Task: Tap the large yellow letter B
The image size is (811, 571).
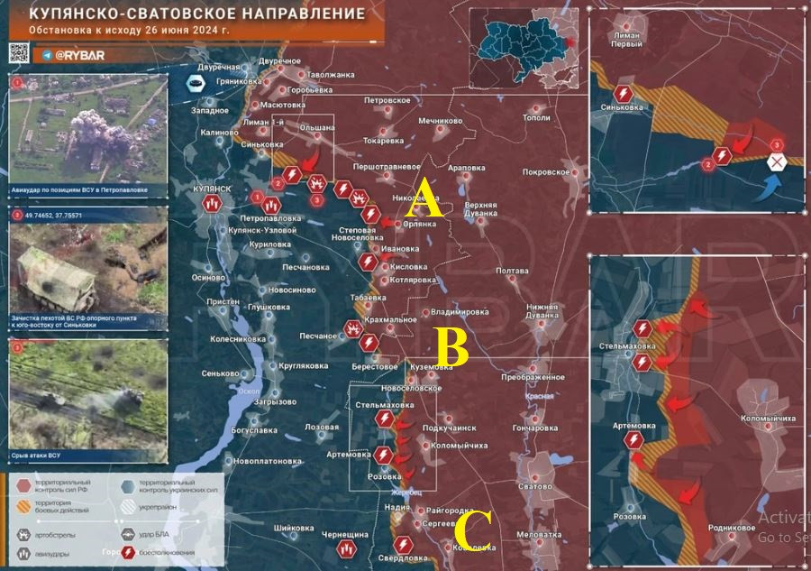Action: click(x=451, y=348)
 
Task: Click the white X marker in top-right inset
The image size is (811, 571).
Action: click(x=777, y=162)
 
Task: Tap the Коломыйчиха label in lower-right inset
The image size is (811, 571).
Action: click(x=768, y=419)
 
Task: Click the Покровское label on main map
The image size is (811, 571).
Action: click(x=545, y=171)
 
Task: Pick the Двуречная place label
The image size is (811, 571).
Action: click(x=219, y=68)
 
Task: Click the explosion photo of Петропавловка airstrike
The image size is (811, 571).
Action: click(x=88, y=129)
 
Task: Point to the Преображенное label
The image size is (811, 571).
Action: click(x=533, y=377)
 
